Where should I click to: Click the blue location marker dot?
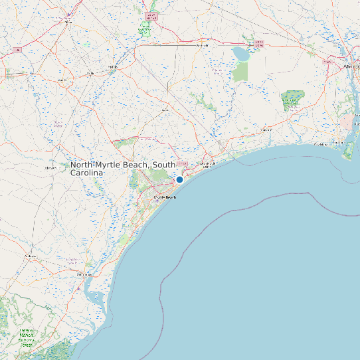[179, 179]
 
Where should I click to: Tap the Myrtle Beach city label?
[165, 197]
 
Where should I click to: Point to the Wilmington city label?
[352, 67]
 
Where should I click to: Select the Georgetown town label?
[84, 274]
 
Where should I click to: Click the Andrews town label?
[30, 256]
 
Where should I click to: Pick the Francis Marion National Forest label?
[26, 337]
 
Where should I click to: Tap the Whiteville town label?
[203, 45]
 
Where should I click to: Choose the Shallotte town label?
[267, 130]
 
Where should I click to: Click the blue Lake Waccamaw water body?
[240, 52]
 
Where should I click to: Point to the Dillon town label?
[68, 22]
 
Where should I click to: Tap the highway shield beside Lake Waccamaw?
[259, 43]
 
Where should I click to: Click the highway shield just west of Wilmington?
[327, 61]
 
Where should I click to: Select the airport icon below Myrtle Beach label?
[159, 203]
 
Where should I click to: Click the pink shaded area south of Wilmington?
[348, 122]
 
